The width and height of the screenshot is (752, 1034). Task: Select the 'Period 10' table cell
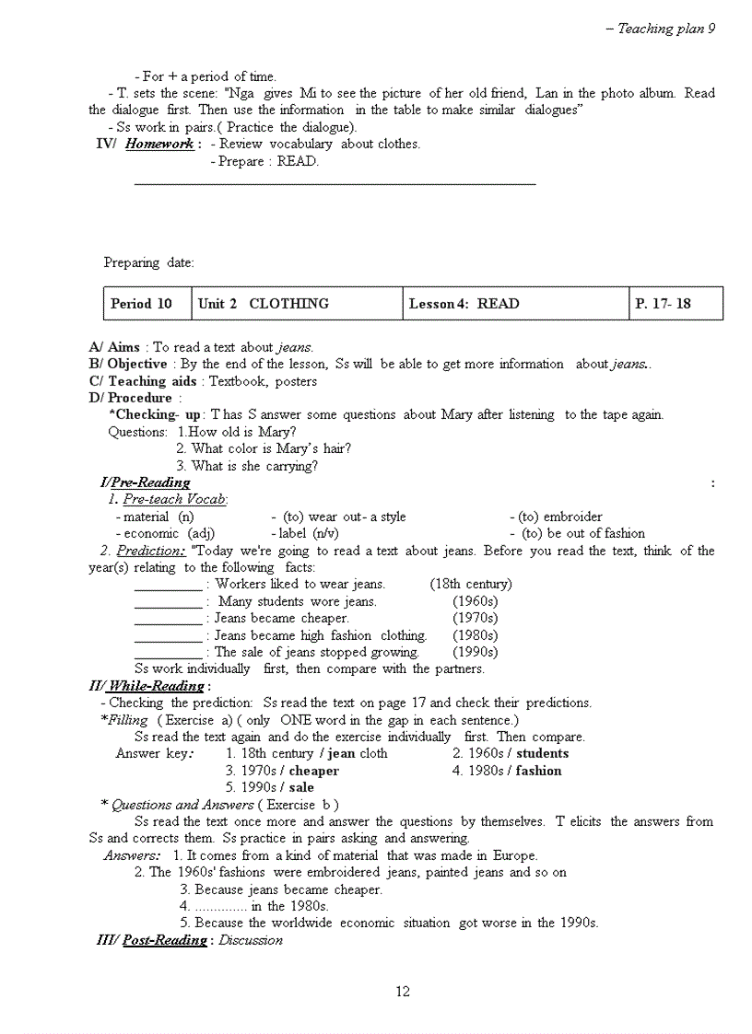click(141, 304)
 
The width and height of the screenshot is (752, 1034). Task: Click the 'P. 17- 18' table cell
click(663, 304)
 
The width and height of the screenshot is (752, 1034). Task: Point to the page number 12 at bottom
click(403, 992)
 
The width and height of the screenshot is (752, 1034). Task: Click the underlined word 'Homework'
click(159, 144)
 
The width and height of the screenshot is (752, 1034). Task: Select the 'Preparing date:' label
click(148, 262)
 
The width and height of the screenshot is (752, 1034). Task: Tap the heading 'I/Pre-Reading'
click(145, 482)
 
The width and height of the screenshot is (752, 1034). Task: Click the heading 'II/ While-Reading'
click(146, 686)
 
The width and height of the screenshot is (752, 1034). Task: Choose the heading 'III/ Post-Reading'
click(153, 940)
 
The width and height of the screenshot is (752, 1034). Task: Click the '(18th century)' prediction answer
click(471, 584)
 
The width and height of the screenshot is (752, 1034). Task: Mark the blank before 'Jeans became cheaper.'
click(168, 620)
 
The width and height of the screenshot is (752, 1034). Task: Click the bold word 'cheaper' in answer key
click(313, 771)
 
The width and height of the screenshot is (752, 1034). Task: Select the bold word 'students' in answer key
click(542, 753)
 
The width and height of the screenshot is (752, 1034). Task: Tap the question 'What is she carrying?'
click(254, 466)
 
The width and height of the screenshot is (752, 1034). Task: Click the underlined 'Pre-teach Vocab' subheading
click(175, 499)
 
